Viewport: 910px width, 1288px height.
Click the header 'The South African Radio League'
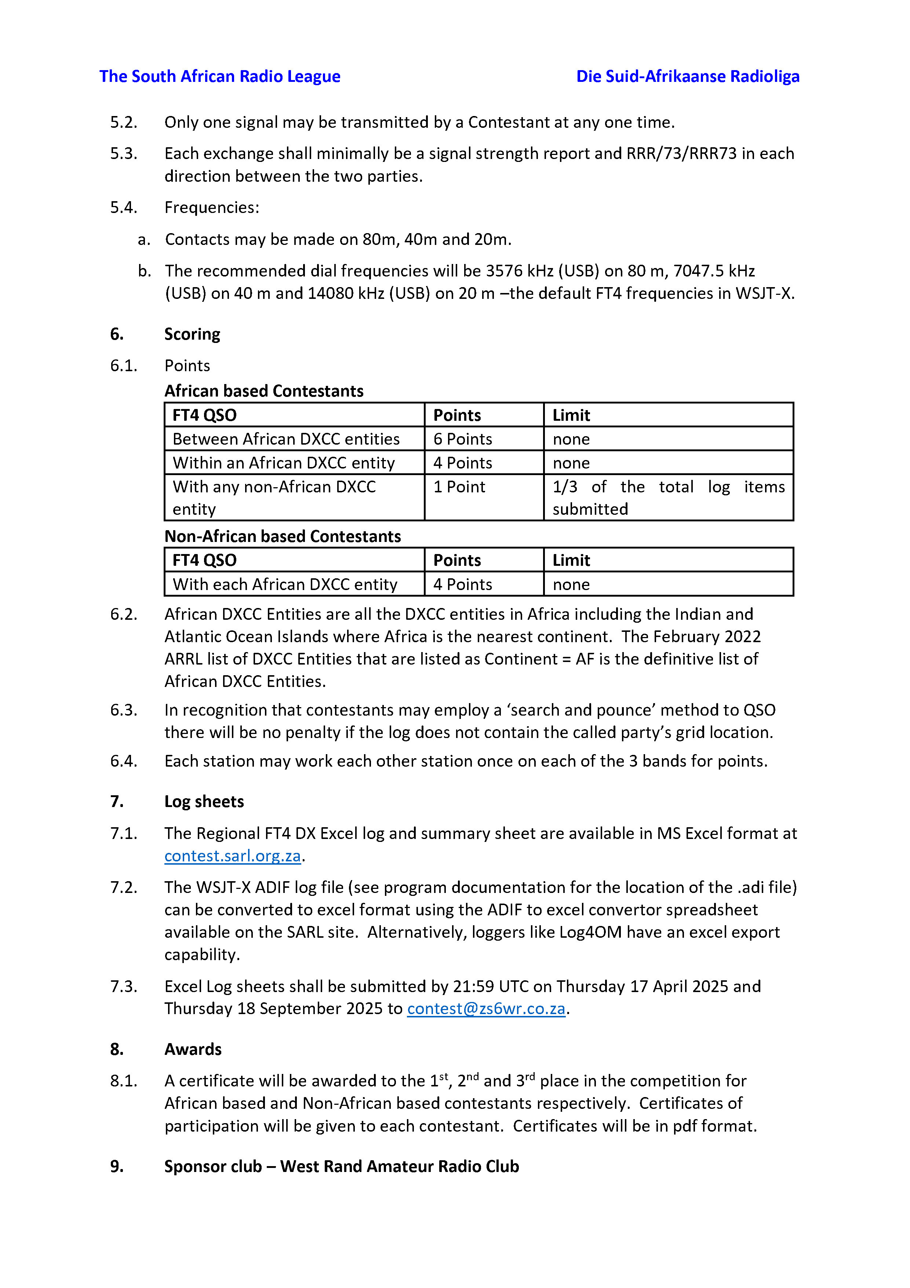pyautogui.click(x=220, y=76)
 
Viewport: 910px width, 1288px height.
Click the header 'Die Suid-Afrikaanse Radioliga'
pyautogui.click(x=687, y=76)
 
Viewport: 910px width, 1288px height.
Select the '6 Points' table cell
pyautogui.click(x=463, y=439)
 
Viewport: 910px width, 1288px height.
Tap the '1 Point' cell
pyautogui.click(x=459, y=486)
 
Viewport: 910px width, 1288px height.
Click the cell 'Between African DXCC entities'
pyautogui.click(x=286, y=439)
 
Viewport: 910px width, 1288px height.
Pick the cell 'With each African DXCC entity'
pyautogui.click(x=285, y=584)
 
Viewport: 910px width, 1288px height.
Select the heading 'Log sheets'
pyautogui.click(x=204, y=801)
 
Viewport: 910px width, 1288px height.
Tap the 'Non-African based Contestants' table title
pyautogui.click(x=283, y=536)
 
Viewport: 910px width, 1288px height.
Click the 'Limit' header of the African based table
pyautogui.click(x=571, y=415)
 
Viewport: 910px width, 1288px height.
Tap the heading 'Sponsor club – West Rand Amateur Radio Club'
pyautogui.click(x=342, y=1166)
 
